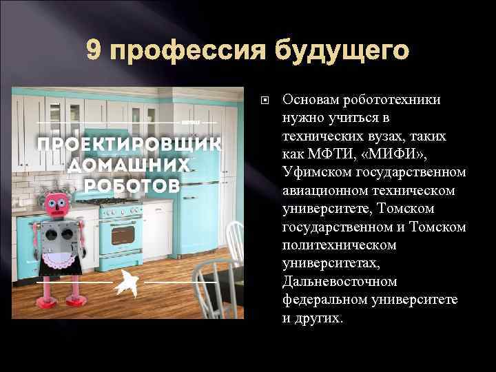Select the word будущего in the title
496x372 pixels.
click(x=337, y=50)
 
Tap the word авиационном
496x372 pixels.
click(x=327, y=190)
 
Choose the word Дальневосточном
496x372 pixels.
click(x=340, y=282)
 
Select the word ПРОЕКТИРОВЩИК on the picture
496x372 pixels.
click(x=129, y=145)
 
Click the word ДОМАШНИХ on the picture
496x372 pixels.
click(x=128, y=165)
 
